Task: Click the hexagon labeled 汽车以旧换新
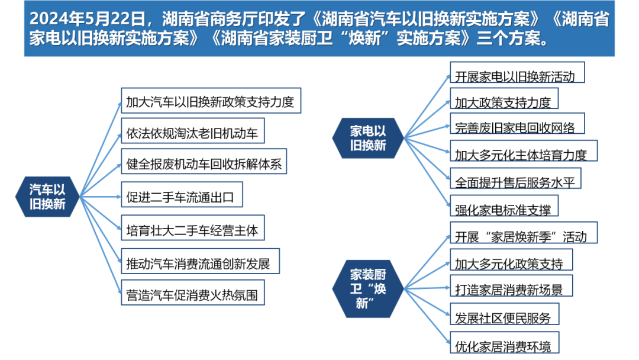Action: coord(47,197)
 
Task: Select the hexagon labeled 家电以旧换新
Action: coord(367,138)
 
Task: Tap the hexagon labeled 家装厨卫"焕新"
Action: coord(367,289)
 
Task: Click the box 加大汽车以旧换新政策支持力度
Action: coord(211,100)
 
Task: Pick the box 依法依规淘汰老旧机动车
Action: coord(193,131)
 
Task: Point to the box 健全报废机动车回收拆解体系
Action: coord(204,162)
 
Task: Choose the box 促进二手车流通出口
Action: coord(182,194)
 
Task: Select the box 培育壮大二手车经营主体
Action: coord(193,228)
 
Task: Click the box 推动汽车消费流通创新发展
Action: coord(200,261)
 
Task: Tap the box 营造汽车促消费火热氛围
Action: coord(193,292)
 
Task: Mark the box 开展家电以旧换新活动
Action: coord(517,73)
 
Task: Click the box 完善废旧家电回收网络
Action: coord(517,124)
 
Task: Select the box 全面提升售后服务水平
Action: coord(515,178)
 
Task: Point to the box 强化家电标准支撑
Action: coord(504,206)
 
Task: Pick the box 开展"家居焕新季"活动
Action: coord(524,233)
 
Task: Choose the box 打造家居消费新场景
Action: coord(511,286)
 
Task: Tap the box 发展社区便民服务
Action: coord(505,314)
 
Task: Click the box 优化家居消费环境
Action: coord(505,342)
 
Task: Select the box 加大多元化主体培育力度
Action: coord(524,151)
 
